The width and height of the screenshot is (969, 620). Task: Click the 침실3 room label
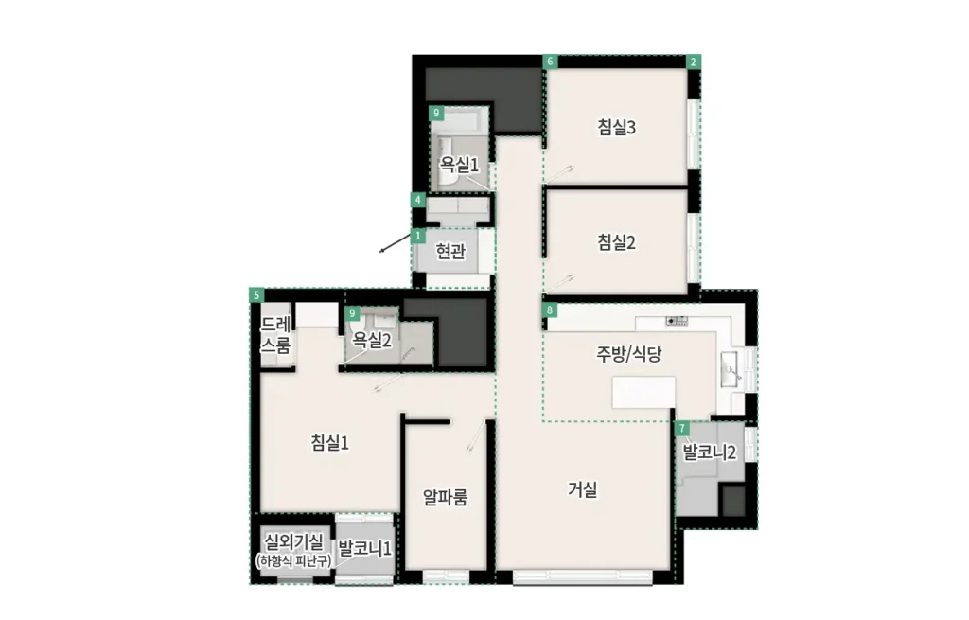(x=616, y=128)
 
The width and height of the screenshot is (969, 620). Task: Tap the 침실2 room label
(x=616, y=242)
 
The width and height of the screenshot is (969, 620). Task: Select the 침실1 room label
(x=330, y=443)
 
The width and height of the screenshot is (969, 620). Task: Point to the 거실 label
(x=583, y=489)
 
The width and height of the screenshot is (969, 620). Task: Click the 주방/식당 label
(x=628, y=354)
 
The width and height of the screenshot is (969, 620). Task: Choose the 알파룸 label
(x=445, y=497)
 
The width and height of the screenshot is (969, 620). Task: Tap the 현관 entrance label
(x=450, y=251)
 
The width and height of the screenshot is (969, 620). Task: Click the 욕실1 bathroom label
(x=459, y=165)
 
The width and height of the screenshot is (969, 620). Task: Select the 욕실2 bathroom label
(x=372, y=340)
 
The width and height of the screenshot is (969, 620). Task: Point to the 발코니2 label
(x=710, y=452)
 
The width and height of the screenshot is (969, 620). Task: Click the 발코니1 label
(x=364, y=548)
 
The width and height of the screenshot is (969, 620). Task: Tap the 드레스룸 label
(x=275, y=334)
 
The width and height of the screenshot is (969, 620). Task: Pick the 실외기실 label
(x=293, y=542)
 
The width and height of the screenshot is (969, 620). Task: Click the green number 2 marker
(x=694, y=62)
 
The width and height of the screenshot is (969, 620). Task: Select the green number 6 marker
(x=550, y=62)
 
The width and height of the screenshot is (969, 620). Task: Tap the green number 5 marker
(x=256, y=295)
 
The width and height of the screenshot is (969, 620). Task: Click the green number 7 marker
(x=681, y=429)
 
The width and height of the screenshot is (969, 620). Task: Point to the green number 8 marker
(x=550, y=310)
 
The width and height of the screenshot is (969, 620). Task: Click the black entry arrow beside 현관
(x=396, y=243)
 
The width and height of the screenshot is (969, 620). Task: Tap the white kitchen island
(x=643, y=393)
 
